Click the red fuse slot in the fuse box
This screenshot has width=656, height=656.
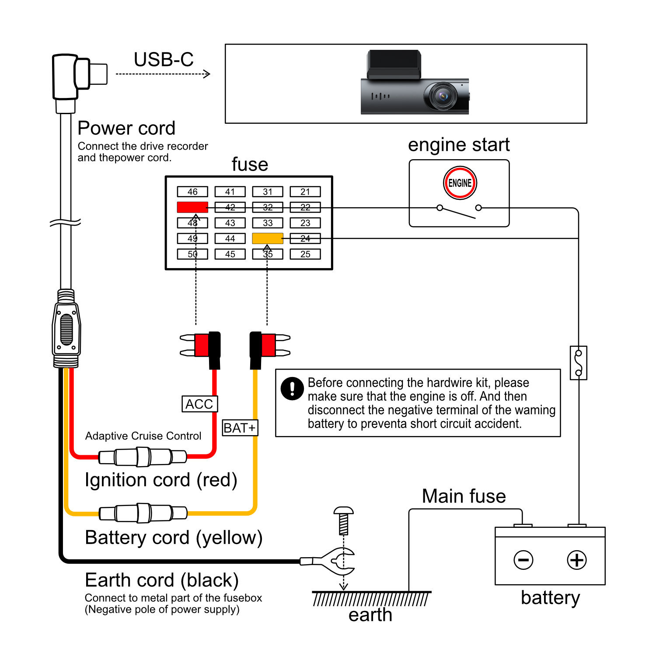click(192, 207)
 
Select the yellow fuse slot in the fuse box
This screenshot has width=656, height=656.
click(268, 238)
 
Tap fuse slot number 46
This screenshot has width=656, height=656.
click(192, 192)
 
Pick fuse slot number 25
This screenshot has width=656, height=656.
click(305, 254)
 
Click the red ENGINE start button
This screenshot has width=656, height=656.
click(460, 183)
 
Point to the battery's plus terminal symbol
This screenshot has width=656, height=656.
click(576, 560)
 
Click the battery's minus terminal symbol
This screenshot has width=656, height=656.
click(523, 560)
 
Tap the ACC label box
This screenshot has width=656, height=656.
click(199, 404)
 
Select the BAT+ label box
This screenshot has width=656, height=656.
click(240, 428)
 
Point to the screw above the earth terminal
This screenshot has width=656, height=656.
click(344, 520)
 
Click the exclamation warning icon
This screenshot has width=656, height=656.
click(292, 388)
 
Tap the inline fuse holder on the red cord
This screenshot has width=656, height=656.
click(143, 457)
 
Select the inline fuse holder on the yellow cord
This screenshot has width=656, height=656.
click(143, 513)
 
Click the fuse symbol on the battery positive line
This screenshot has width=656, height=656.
click(579, 363)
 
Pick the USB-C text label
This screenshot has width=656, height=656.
click(164, 59)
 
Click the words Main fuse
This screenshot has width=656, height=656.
click(464, 496)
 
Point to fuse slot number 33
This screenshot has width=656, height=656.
click(268, 223)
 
